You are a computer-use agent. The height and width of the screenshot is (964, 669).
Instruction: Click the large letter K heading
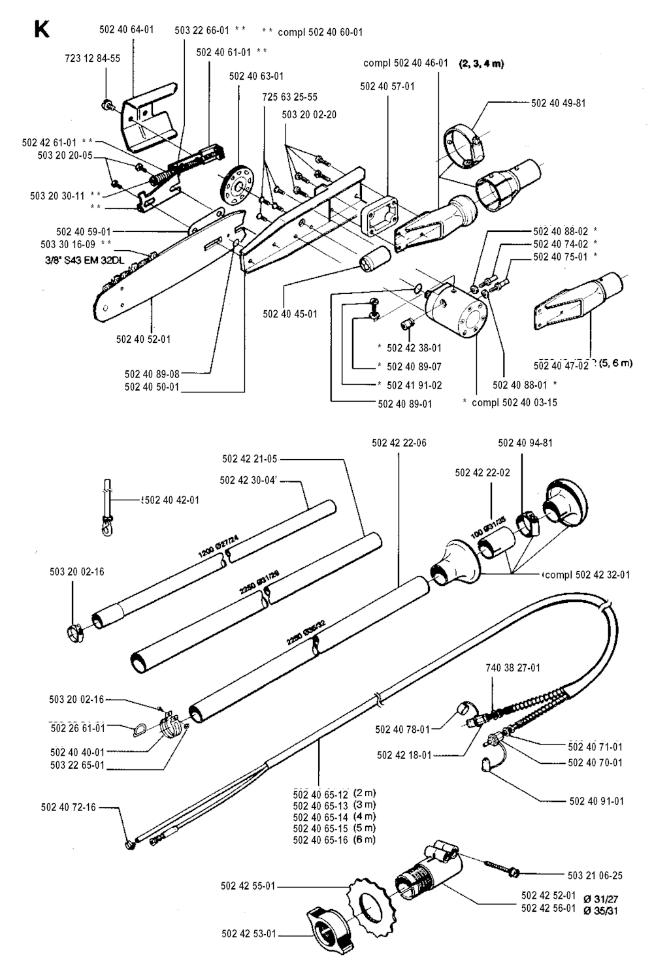(41, 29)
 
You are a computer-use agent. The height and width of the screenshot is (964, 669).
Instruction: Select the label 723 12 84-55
(93, 59)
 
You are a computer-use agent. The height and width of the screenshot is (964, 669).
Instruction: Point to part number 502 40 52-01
(143, 339)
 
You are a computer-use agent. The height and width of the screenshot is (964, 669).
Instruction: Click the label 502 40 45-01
(290, 314)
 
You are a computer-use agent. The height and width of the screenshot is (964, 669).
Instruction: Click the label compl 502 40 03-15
(514, 402)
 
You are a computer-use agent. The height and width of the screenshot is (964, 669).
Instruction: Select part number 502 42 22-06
(399, 443)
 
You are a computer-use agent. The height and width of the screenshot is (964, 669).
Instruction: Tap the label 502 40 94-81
(525, 443)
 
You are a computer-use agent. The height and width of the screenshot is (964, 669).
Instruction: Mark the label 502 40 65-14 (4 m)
(334, 816)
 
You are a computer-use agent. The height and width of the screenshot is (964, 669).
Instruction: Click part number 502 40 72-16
(68, 807)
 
